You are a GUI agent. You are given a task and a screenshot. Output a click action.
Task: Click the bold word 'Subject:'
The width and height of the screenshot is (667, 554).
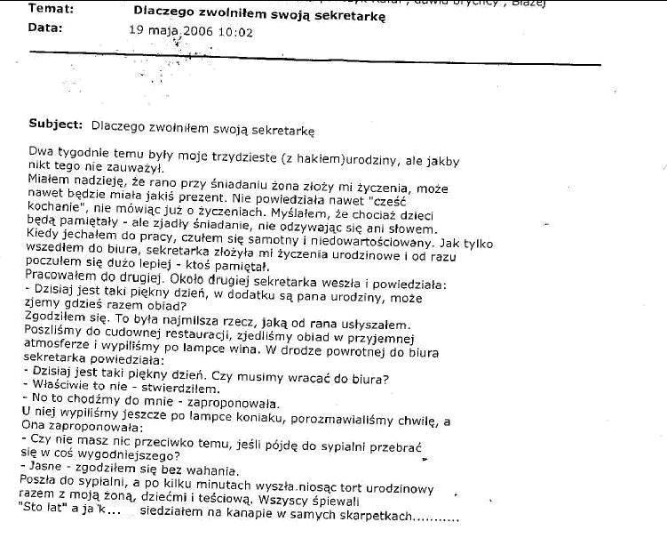56,124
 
